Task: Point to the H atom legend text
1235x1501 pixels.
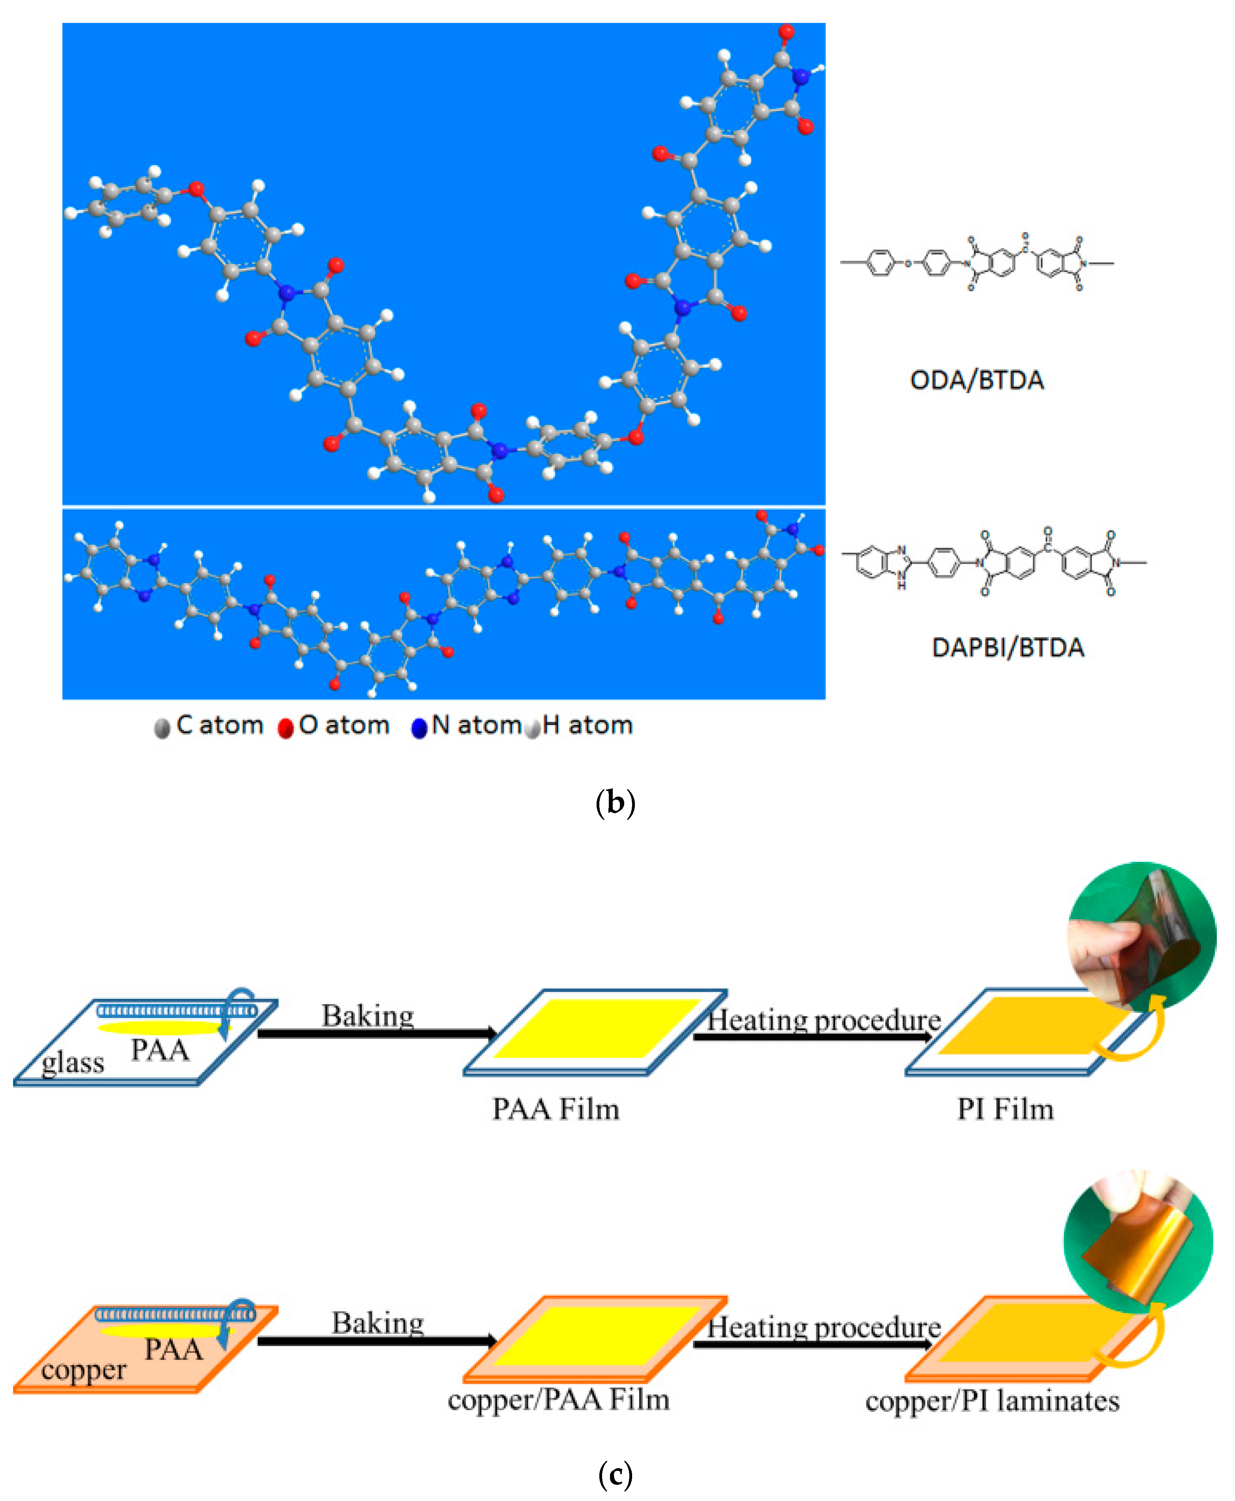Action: click(x=587, y=725)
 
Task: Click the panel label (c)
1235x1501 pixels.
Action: click(x=616, y=1474)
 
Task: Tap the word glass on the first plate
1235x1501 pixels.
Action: click(x=73, y=1063)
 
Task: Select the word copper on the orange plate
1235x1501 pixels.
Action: click(x=83, y=1370)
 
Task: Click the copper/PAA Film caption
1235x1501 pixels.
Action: click(x=559, y=1400)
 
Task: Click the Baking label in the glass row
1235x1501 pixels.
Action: click(x=368, y=1016)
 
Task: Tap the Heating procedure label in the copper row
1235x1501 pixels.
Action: click(x=824, y=1327)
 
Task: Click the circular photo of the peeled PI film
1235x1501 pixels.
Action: click(x=1141, y=936)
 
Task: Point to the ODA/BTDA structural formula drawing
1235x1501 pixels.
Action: click(x=976, y=263)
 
